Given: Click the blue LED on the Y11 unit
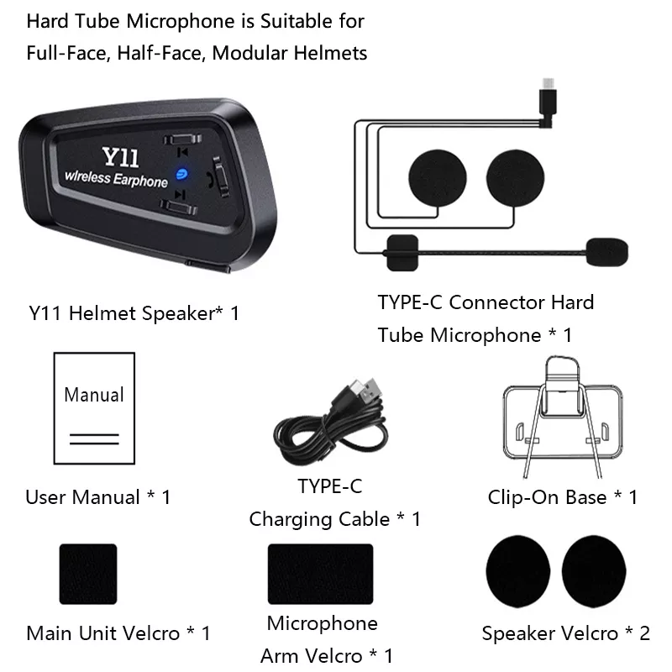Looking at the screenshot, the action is tap(181, 174).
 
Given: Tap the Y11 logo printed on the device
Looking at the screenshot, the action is tap(120, 157).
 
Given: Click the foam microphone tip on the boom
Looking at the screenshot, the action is tap(606, 252).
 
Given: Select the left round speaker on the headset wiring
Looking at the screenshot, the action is tap(437, 178).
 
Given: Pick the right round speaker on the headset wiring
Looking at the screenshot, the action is tap(515, 178).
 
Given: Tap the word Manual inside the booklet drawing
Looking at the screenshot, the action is tap(94, 395).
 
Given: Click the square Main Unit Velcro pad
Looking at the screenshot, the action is tap(88, 574).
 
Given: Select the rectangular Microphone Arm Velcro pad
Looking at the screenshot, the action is tap(321, 574).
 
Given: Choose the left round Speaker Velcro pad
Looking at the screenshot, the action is tap(518, 571).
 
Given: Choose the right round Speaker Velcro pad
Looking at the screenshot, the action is tap(594, 571).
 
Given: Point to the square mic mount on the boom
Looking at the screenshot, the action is tap(402, 253).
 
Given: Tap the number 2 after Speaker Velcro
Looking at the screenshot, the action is tap(644, 633).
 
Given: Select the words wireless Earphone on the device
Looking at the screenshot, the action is tap(116, 179).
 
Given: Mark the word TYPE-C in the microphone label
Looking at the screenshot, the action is tap(410, 302).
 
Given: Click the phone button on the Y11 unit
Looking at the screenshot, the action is tap(220, 176).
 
